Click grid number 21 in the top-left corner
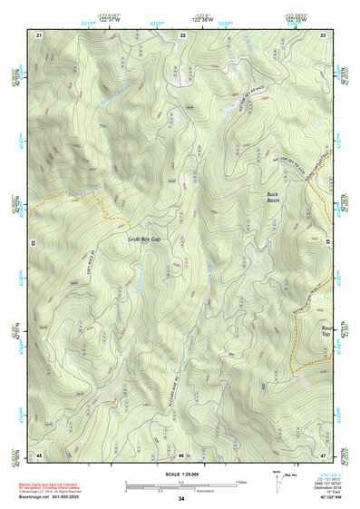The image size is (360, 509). click(40, 34)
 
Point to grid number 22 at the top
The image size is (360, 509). click(182, 34)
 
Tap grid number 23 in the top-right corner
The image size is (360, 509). click(324, 34)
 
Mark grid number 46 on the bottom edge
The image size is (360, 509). click(182, 454)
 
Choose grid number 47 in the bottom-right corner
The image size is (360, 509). click(324, 454)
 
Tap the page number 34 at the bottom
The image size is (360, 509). click(181, 499)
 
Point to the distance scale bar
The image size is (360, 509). click(181, 485)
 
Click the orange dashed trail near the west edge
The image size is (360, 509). click(91, 201)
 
